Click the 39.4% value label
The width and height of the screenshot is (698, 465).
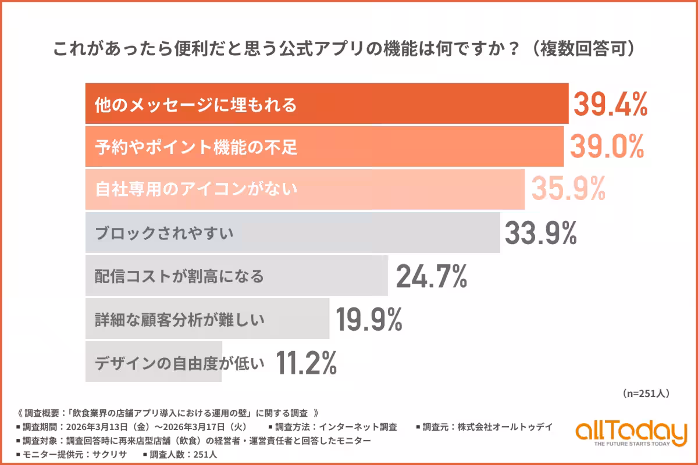[611, 105]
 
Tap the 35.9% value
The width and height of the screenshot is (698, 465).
[568, 189]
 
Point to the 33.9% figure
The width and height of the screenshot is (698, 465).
[540, 233]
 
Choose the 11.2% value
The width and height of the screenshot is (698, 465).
[307, 363]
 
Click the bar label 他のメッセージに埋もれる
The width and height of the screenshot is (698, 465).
[196, 105]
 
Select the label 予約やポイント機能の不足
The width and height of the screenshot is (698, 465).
[196, 147]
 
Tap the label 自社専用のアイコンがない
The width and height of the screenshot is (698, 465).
[196, 189]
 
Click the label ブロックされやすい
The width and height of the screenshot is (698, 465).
[164, 233]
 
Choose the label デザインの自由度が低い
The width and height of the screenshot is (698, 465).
[180, 363]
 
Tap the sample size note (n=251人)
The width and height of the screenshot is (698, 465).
[646, 394]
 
